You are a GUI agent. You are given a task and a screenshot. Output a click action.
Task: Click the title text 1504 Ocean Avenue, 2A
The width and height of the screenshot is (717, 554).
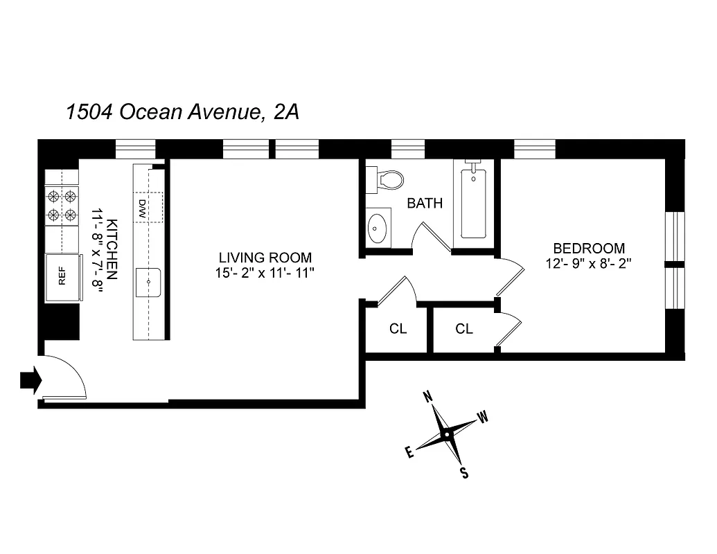click(182, 112)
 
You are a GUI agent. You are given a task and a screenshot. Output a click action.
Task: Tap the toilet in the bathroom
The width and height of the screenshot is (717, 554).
click(387, 181)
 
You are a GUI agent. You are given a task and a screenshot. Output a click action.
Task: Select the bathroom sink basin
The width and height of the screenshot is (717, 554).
click(378, 228)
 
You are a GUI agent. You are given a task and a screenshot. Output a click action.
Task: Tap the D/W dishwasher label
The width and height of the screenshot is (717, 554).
click(141, 208)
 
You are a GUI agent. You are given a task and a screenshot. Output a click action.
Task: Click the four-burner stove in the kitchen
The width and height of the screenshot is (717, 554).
click(61, 206)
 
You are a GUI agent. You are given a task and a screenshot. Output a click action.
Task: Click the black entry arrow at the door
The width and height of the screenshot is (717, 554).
click(30, 380)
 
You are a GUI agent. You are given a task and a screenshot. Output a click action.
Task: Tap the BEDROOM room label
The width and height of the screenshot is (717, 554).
click(588, 248)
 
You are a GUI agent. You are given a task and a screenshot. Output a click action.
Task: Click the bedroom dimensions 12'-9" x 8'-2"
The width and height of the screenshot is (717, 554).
click(588, 264)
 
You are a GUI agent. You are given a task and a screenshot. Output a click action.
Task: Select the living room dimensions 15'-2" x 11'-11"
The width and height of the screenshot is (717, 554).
click(265, 274)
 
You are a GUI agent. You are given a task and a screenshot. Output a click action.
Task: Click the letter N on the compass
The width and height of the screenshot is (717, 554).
click(428, 397)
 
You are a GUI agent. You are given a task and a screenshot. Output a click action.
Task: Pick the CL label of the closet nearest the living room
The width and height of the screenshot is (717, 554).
click(398, 329)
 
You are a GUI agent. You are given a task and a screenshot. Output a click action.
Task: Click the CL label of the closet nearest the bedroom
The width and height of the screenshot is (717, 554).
click(464, 329)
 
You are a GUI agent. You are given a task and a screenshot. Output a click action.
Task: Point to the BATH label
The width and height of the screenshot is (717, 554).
click(424, 204)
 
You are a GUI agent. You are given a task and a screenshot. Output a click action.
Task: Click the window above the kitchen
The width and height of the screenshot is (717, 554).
click(135, 149)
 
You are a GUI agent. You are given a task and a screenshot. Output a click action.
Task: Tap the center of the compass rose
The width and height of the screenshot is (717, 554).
click(448, 434)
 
